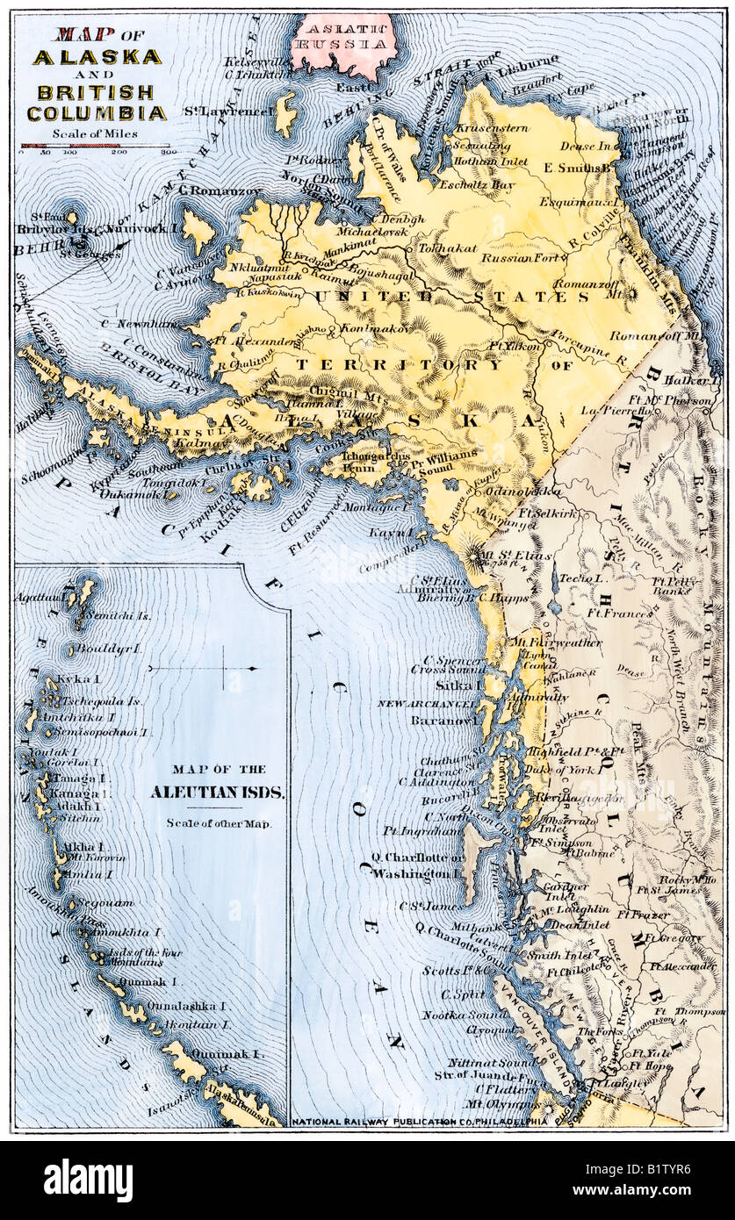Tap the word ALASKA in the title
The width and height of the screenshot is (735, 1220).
[97, 57]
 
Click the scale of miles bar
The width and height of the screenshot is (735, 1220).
[95, 146]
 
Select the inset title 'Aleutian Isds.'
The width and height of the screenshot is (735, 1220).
[217, 792]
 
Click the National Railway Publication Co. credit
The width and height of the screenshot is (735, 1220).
[419, 1121]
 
